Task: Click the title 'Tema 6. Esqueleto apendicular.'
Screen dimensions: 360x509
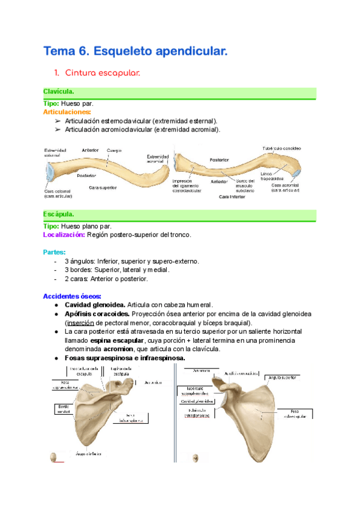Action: [136, 52]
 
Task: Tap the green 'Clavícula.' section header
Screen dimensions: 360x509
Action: [59, 91]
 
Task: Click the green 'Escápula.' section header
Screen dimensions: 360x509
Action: [59, 214]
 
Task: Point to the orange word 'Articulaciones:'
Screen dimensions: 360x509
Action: [67, 112]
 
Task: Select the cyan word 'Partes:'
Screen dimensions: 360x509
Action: [55, 252]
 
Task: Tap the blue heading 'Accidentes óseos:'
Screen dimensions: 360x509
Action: [72, 296]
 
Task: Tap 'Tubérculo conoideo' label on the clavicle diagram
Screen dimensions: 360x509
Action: [281, 148]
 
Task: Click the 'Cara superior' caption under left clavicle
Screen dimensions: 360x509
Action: [103, 188]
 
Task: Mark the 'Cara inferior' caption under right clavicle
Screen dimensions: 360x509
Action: [233, 196]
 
